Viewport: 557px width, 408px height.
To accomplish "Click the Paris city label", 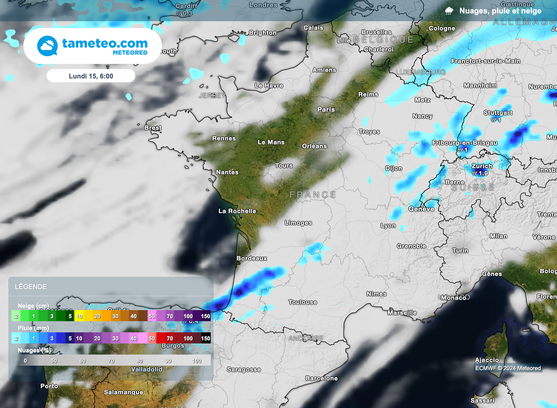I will click(326, 109).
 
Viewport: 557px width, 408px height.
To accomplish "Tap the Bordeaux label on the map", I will click(252, 258).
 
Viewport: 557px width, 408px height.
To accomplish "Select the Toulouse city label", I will click(303, 302).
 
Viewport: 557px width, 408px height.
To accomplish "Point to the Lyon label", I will click(388, 226).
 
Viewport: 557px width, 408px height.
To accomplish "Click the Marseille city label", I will click(401, 313).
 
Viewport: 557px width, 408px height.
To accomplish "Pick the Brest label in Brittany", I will click(153, 128).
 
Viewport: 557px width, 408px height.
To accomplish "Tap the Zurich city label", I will click(482, 166).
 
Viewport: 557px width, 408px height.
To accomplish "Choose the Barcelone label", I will click(321, 378).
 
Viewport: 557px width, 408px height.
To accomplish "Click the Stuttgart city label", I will click(498, 113).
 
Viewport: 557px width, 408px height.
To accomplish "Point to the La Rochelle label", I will click(237, 211).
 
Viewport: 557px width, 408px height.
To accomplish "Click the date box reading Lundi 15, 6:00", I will click(91, 76).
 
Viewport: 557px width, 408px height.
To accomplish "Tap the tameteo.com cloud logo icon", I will click(47, 46).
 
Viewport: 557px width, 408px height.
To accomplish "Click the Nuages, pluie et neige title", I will click(500, 11).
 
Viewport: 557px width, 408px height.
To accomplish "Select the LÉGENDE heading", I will click(30, 287).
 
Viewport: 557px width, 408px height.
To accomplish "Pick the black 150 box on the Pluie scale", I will click(205, 338).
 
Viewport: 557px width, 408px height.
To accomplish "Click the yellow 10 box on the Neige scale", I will click(79, 316).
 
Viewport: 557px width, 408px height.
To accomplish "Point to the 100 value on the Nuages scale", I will click(196, 361).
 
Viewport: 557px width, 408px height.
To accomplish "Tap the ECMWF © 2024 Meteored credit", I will click(508, 368).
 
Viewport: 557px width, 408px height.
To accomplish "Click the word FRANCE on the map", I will click(313, 194).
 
